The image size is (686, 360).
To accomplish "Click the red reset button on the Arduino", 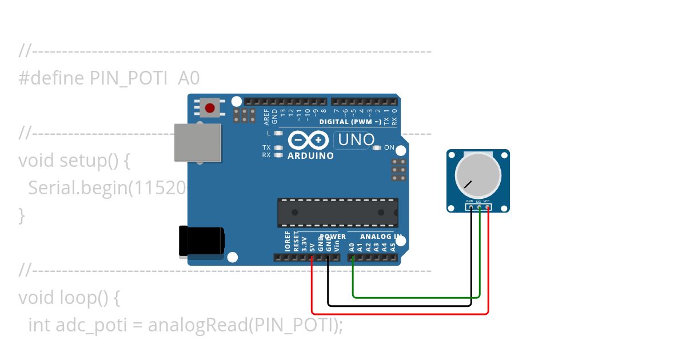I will coord(210,107).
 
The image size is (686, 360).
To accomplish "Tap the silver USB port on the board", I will coord(197,142).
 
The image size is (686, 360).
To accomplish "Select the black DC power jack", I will coord(201,241).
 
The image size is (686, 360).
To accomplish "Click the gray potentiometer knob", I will coord(477,175).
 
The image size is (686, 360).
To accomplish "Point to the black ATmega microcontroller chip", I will coord(338,212).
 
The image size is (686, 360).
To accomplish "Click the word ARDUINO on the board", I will coord(310,155).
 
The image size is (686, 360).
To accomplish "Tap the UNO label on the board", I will coord(356,139).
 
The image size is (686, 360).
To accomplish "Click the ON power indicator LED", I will coord(376,147).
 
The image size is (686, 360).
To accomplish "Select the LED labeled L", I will coord(279,133).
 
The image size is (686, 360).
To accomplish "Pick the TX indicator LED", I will coord(279,147).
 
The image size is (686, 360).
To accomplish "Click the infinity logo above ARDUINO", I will coord(309,140).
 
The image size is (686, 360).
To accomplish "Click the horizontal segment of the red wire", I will coord(400,314).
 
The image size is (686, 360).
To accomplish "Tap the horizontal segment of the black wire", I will coord(400,305).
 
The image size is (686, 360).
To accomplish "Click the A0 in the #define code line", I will coord(189,78).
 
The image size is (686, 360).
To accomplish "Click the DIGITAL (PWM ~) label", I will coord(350,122).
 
